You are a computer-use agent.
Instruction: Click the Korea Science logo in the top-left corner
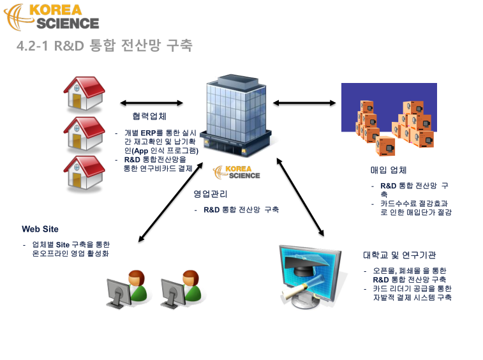[52, 17]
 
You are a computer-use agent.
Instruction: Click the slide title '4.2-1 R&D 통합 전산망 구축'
[105, 45]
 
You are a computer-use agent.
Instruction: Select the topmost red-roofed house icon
[84, 93]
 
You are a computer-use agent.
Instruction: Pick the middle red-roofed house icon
[84, 134]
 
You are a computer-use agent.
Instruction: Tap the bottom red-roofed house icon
[84, 172]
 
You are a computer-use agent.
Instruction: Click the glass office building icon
[236, 115]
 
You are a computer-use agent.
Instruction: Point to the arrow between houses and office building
[151, 103]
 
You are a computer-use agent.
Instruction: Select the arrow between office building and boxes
[304, 103]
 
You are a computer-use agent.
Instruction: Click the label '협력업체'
[149, 116]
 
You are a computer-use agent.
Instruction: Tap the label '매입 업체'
[389, 170]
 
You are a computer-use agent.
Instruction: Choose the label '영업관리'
[211, 194]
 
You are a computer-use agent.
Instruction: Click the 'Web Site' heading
[40, 229]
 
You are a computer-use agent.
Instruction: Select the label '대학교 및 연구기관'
[399, 255]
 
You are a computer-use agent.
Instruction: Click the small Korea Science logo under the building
[237, 172]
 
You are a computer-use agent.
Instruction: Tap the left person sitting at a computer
[127, 289]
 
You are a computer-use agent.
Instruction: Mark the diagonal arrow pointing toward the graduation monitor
[301, 197]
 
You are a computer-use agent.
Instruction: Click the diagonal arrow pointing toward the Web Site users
[170, 202]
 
